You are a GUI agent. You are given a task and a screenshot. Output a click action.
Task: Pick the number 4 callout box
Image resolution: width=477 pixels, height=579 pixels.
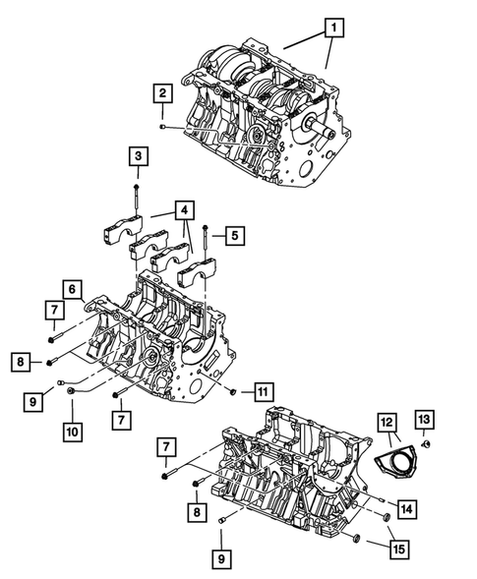[x=183, y=209]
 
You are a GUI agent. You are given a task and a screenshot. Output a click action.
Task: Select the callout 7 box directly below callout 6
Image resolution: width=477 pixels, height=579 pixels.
[x=51, y=312]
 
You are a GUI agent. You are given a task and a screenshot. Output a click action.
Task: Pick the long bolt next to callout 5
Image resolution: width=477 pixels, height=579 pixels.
[x=206, y=241]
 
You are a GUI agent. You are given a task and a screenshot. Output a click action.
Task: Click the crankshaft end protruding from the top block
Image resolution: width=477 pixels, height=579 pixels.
[x=318, y=125]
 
